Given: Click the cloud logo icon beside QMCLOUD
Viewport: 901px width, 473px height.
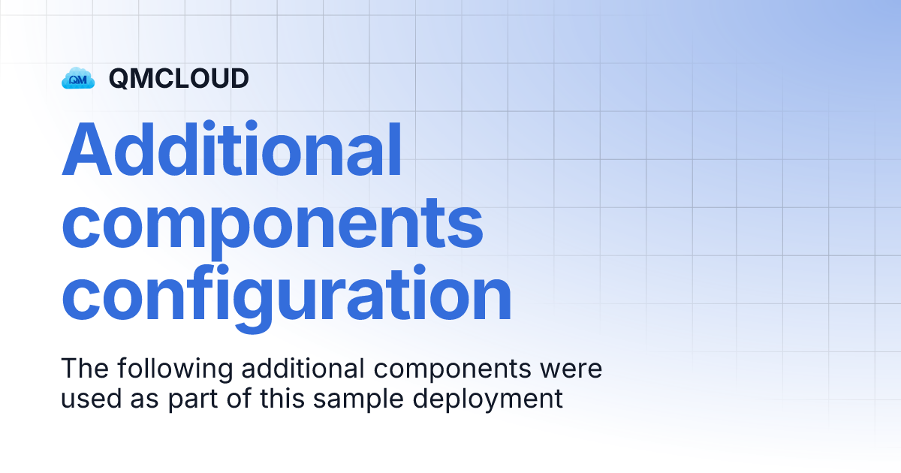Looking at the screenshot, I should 78,77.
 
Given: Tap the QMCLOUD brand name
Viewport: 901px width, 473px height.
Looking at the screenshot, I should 179,78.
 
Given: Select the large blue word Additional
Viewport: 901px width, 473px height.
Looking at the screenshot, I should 231,151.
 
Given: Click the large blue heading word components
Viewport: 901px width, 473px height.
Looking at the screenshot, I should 272,223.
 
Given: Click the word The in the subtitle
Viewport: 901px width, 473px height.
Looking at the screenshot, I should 83,369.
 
